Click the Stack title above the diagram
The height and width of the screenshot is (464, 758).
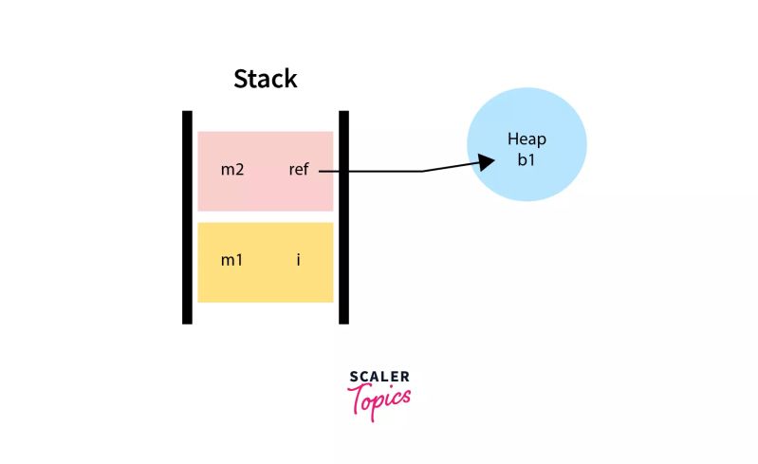tap(266, 79)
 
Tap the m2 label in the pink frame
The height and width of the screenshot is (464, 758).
tap(232, 171)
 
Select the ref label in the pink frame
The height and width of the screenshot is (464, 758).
tap(300, 171)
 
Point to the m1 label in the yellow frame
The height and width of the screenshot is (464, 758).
tap(232, 259)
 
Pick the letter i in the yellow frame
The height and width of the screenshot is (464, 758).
tap(298, 259)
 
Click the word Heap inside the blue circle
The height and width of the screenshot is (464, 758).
tap(527, 139)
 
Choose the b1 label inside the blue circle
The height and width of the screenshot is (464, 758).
tap(527, 159)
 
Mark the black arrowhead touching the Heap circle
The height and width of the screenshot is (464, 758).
tap(486, 161)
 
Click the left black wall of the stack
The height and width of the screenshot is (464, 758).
tap(187, 217)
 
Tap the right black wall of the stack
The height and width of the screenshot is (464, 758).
tap(343, 217)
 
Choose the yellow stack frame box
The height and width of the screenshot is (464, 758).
tap(265, 280)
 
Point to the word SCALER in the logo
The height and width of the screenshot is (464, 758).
tap(379, 377)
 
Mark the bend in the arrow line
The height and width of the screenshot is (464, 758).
tap(422, 171)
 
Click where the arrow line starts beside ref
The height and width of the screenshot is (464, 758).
tap(321, 171)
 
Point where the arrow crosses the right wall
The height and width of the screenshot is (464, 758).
tap(343, 171)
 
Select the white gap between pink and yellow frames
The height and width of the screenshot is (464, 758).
tap(265, 216)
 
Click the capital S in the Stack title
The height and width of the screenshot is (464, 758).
tap(241, 79)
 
